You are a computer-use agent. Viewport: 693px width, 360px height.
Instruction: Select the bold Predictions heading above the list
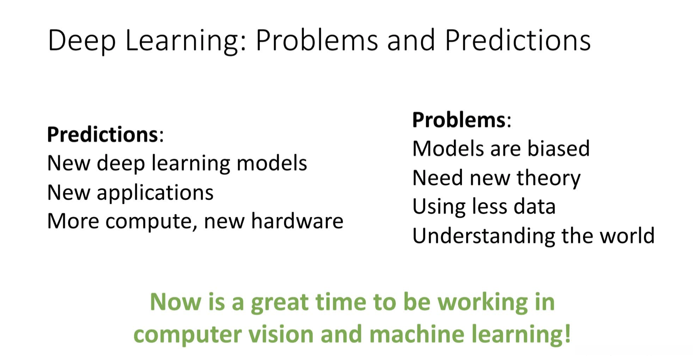[x=103, y=135]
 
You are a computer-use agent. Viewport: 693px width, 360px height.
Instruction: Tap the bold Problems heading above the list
[x=459, y=120]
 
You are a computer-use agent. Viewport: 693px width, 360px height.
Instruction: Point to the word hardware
[x=297, y=221]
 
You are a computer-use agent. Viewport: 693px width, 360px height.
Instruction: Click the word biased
[x=558, y=148]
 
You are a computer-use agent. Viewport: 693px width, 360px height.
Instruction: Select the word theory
[x=548, y=179]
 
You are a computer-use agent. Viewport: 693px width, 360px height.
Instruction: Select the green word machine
[x=417, y=334]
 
